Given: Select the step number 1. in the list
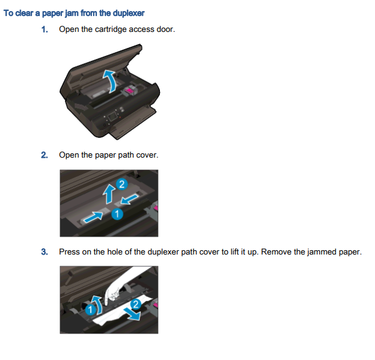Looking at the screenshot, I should click(45, 30).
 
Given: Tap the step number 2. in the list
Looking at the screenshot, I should click(45, 155).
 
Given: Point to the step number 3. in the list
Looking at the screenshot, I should click(45, 252).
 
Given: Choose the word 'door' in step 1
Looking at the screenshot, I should click(165, 30).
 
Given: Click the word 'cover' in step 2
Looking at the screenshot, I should click(146, 155).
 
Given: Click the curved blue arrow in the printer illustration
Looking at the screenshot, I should click(108, 79).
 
